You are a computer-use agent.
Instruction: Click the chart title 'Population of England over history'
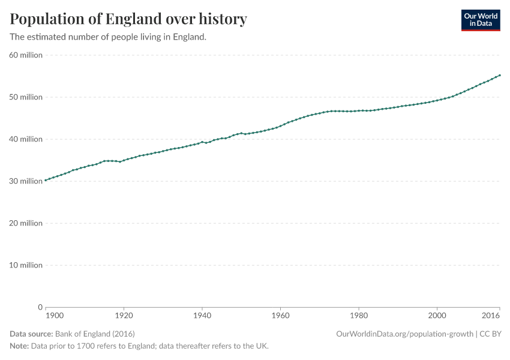coord(128,19)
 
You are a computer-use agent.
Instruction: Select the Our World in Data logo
coord(480,20)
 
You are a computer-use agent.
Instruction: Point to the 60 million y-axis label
coord(26,55)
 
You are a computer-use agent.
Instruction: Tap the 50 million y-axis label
coord(26,97)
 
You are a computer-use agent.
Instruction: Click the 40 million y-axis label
coord(26,139)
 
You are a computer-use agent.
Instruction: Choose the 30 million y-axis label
coord(26,181)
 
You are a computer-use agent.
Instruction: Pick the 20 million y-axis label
coord(26,223)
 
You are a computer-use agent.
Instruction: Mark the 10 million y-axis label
coord(26,265)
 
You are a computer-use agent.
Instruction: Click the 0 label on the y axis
coord(40,307)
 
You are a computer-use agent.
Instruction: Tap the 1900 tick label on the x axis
coord(54,315)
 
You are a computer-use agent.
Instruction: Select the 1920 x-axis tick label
coord(124,315)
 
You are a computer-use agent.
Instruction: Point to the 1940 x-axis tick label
coord(202,315)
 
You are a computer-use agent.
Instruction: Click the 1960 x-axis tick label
coord(280,315)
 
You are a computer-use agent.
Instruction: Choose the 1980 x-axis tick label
coord(359,315)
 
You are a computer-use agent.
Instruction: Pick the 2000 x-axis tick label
coord(437,315)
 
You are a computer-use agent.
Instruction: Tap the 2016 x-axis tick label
coord(491,315)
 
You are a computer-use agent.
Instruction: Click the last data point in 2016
coord(500,76)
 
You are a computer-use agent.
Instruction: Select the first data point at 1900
coord(46,180)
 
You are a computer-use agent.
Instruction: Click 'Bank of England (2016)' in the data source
coord(94,334)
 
